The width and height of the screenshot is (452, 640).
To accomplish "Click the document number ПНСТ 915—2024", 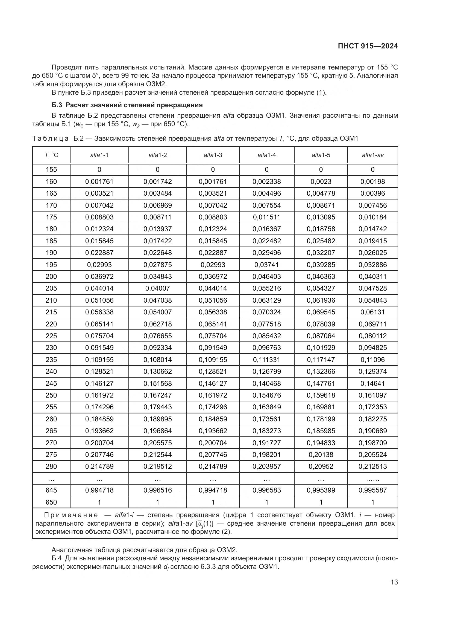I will [368, 46].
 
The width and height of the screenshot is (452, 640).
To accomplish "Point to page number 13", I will [394, 582].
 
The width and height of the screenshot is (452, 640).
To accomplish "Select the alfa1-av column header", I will [372, 155].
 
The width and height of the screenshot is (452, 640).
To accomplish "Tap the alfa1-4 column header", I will [266, 155].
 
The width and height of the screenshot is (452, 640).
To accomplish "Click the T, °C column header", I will [51, 155].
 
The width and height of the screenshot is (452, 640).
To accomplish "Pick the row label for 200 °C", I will [51, 277].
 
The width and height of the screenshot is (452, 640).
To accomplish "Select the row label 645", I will [51, 490].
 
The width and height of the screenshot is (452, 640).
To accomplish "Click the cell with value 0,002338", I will [266, 182].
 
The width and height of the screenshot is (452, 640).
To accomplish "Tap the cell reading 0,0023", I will [321, 182].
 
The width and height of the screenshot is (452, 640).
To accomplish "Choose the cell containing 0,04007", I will [157, 288].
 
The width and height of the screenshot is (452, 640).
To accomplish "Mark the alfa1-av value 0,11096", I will [372, 360].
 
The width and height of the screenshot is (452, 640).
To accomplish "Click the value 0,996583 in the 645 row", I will [266, 490].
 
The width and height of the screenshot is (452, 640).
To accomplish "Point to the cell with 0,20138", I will [321, 455].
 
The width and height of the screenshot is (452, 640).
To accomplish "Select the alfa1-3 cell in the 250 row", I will [213, 395].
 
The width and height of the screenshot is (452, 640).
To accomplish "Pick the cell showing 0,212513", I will [372, 466].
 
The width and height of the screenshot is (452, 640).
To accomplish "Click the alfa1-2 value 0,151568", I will [157, 383].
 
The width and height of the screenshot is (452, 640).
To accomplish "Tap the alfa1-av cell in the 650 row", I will [372, 502].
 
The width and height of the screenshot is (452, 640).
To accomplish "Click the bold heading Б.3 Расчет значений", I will [127, 105].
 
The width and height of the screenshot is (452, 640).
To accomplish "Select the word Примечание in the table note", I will [71, 515].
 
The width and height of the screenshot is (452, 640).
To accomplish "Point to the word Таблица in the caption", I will [50, 138].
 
